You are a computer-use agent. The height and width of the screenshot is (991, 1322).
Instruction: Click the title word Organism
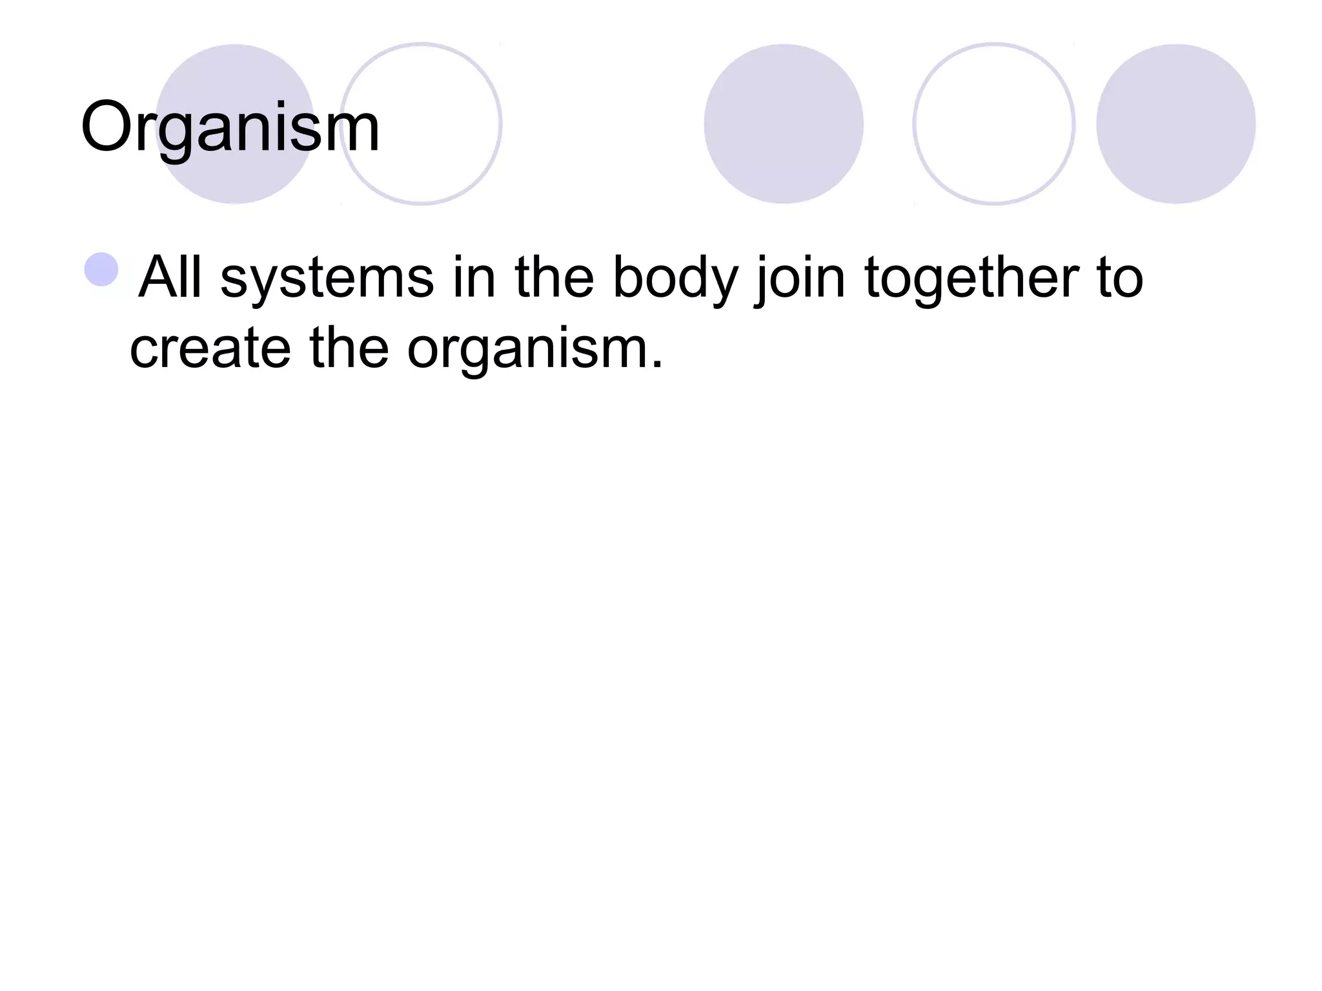[x=230, y=128]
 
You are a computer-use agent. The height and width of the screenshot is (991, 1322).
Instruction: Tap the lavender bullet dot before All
[x=101, y=269]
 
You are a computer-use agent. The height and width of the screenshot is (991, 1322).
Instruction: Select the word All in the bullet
[x=169, y=277]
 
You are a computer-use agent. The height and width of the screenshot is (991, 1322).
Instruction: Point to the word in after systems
[x=474, y=277]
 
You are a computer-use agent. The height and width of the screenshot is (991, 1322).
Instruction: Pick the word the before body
[x=554, y=277]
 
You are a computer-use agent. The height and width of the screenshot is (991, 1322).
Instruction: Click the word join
[x=800, y=277]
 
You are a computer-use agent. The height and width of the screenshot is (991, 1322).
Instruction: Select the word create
[x=210, y=348]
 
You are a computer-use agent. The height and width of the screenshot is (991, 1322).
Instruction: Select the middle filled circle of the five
[x=784, y=124]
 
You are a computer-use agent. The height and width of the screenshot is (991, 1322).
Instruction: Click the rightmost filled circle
[x=1175, y=124]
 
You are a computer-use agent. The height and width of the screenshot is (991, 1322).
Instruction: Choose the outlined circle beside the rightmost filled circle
[x=993, y=124]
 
